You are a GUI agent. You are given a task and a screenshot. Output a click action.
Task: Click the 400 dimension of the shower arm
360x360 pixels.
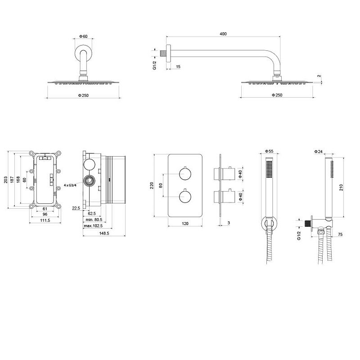pos(223,34)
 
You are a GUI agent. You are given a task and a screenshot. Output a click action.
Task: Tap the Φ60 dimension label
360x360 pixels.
pos(83,36)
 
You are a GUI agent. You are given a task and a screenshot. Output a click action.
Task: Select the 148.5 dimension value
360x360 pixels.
pos(104,233)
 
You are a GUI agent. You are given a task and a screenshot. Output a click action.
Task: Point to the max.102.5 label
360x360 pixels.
pos(93,226)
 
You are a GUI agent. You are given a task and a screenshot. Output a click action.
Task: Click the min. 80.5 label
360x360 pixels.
pos(94,220)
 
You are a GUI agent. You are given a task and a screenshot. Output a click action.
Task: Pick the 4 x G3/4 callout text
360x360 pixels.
pos(70,185)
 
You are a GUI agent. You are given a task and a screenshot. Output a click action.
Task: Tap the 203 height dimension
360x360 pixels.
pos(6,180)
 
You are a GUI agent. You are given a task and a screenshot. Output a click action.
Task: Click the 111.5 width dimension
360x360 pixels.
pos(45,220)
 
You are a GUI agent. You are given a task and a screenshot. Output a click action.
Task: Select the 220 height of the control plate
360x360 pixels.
pos(152,185)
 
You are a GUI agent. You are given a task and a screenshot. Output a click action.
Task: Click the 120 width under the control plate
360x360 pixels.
pos(185,223)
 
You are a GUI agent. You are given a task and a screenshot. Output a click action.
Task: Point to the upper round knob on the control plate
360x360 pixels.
pos(185,174)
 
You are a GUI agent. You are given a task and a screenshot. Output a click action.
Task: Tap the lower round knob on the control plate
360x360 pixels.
pos(185,197)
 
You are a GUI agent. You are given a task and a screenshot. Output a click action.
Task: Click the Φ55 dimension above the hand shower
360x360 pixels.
pos(269,151)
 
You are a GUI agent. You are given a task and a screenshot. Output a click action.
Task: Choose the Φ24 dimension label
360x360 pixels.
pos(319,152)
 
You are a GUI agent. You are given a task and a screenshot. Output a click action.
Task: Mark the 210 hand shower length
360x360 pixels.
pos(341,187)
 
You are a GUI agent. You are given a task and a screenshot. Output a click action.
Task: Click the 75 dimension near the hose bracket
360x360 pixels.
pos(340,234)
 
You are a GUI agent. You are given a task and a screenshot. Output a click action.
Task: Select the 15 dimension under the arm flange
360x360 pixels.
pos(178,67)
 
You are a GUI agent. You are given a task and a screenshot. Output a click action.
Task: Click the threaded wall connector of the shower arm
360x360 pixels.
pos(164,53)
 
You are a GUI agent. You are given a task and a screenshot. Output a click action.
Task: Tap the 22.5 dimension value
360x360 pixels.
pos(76,208)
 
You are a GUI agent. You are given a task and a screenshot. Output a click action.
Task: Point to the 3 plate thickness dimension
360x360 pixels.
pos(229,223)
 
